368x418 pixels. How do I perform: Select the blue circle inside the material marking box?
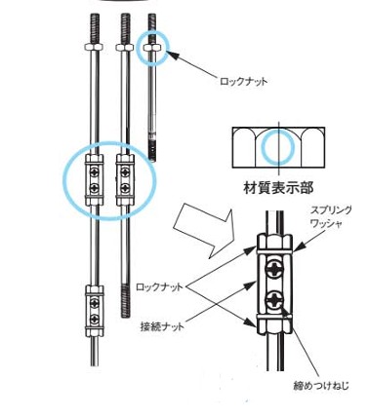[x=278, y=146]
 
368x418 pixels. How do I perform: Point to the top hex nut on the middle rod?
[x=125, y=45]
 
